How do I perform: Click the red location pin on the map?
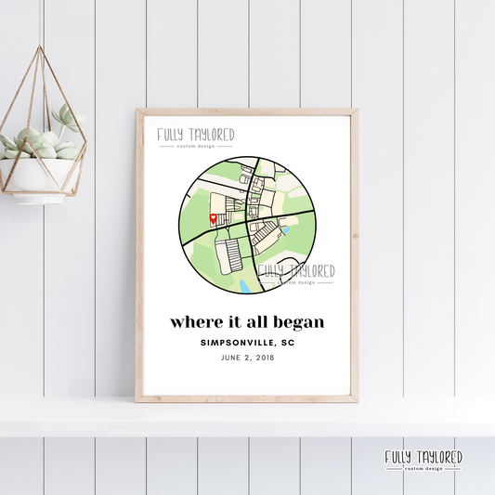(x=214, y=219)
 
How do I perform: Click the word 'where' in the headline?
(x=193, y=323)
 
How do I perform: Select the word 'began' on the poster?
(x=299, y=323)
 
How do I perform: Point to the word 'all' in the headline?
(x=254, y=323)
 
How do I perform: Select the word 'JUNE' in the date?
(x=232, y=358)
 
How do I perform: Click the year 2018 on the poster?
(x=265, y=358)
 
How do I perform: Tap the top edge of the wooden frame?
(x=247, y=112)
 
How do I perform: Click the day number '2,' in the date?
(x=248, y=358)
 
